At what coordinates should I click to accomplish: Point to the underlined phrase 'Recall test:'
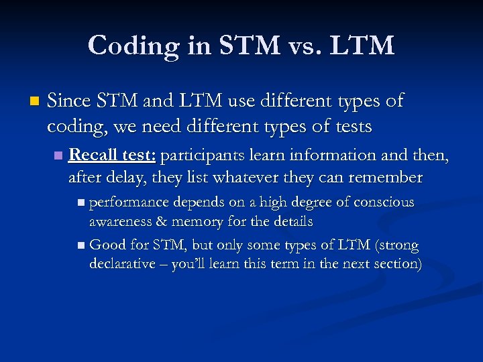coord(112,156)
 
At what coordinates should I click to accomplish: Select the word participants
coord(200,156)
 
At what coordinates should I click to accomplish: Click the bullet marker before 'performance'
coord(81,202)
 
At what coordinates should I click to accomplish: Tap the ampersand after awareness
coord(159,221)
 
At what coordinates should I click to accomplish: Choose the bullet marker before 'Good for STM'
coord(81,245)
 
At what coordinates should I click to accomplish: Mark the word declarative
coord(124,264)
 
